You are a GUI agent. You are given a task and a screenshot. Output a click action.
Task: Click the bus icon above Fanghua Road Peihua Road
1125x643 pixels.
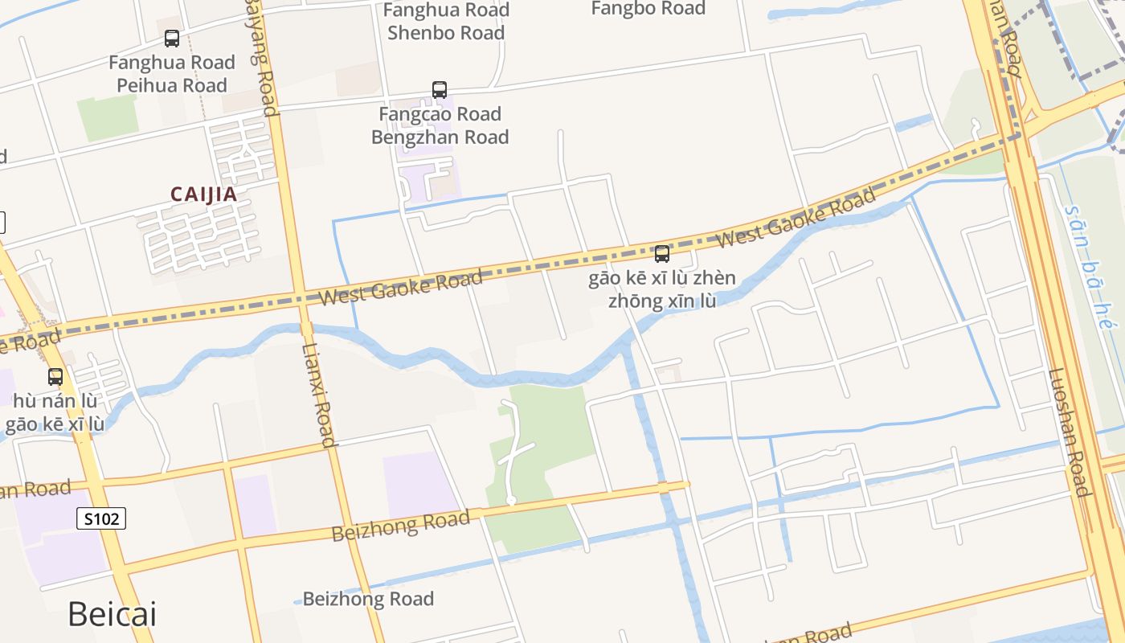point(172,38)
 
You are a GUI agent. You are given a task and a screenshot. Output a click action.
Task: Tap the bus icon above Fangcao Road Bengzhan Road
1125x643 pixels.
point(440,89)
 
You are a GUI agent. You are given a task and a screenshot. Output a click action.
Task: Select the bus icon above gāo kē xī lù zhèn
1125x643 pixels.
point(662,254)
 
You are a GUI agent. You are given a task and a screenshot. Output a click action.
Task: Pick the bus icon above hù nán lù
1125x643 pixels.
point(55,376)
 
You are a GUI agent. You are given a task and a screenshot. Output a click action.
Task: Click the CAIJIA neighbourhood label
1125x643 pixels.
point(203,195)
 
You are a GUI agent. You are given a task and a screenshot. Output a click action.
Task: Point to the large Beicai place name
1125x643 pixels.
point(112,614)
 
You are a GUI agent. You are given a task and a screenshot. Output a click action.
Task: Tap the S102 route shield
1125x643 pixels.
point(102,518)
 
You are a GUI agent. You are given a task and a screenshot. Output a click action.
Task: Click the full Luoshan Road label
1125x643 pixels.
point(1068,432)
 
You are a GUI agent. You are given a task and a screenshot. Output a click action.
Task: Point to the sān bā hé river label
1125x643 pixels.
point(1090,265)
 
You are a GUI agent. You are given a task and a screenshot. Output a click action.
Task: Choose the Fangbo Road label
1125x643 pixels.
point(648,9)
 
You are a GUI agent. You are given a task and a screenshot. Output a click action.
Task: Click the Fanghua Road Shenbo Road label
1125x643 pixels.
point(446,22)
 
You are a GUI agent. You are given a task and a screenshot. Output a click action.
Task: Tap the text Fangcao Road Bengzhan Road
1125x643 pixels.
point(440,125)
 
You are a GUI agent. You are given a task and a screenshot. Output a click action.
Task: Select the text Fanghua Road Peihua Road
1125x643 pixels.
point(172,74)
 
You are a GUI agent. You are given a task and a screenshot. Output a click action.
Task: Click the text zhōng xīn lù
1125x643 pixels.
point(661,301)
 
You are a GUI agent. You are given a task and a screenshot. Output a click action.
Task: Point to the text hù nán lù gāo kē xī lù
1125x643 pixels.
point(55,412)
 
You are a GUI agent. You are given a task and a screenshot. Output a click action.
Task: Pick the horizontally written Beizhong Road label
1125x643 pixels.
point(368,599)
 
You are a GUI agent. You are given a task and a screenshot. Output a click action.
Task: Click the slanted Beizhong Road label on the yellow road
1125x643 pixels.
point(400,526)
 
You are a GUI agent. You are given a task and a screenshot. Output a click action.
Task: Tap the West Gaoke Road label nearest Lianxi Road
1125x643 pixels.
point(400,287)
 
